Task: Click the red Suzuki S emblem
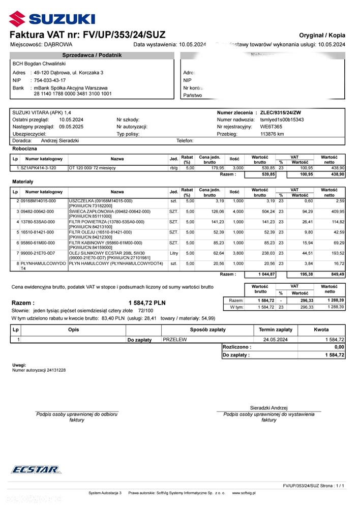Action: pyautogui.click(x=16, y=19)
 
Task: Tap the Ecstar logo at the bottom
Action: pyautogui.click(x=35, y=469)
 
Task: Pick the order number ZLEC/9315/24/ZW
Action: pyautogui.click(x=280, y=112)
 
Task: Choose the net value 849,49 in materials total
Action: pyautogui.click(x=336, y=274)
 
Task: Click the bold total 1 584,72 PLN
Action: pyautogui.click(x=147, y=303)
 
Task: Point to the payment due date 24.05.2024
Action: pyautogui.click(x=276, y=340)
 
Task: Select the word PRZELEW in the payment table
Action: pyautogui.click(x=175, y=340)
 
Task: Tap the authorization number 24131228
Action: pyautogui.click(x=53, y=370)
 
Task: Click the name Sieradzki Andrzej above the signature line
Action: pyautogui.click(x=268, y=408)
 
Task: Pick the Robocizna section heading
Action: pyautogui.click(x=24, y=148)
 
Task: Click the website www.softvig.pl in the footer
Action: pyautogui.click(x=244, y=493)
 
